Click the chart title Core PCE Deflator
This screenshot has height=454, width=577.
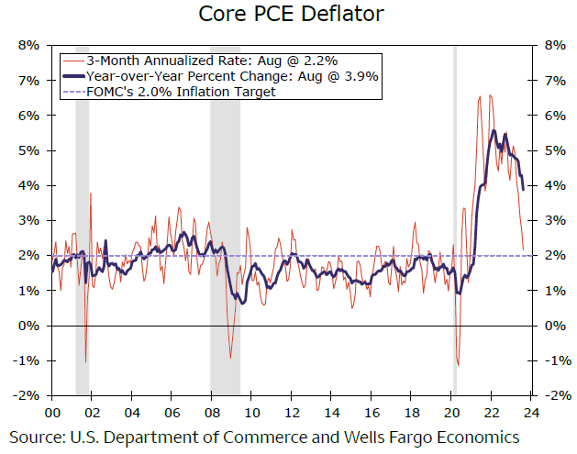pos(288,15)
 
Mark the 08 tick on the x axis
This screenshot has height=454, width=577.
pos(211,413)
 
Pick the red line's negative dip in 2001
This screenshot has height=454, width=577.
pos(86,360)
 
